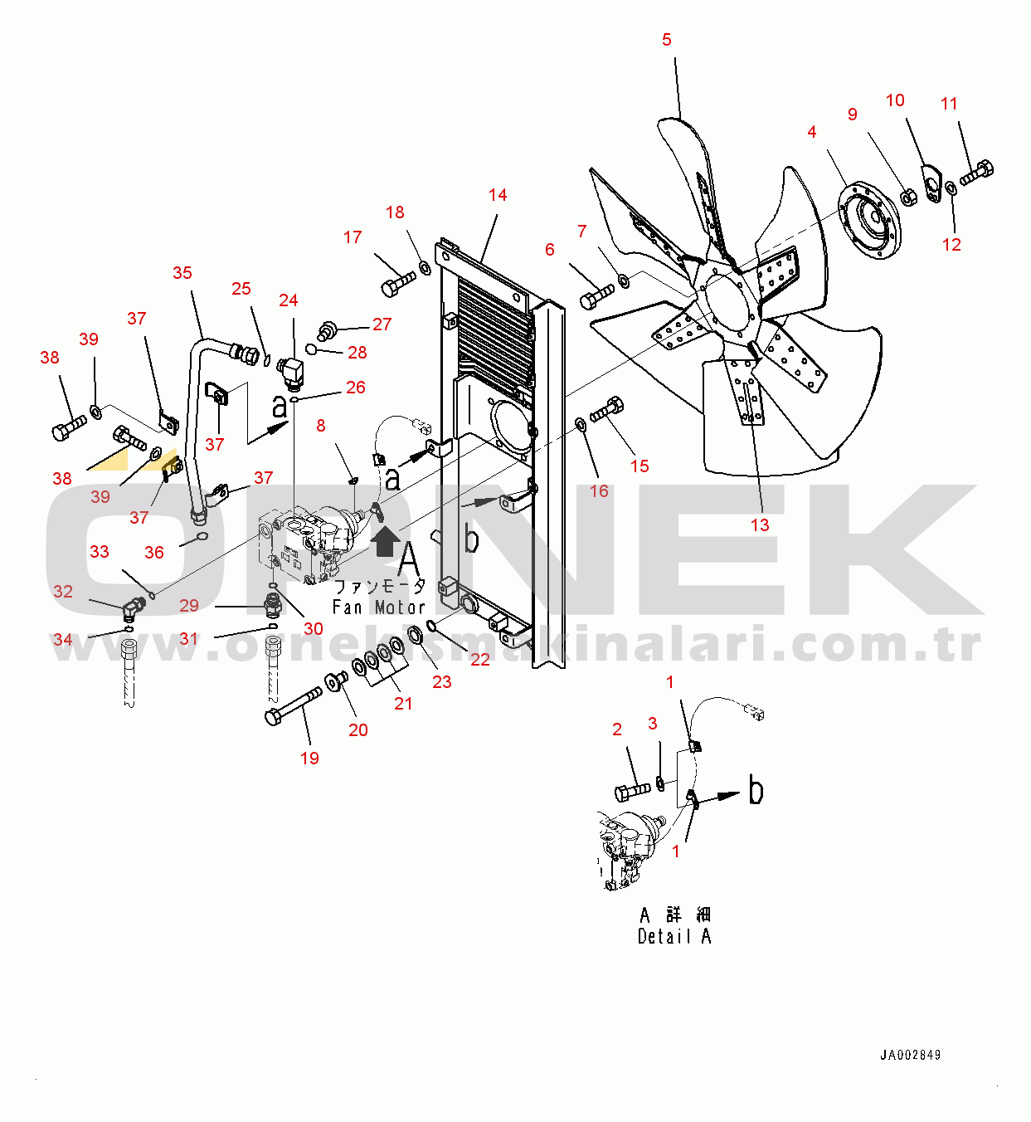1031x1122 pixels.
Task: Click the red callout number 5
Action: click(667, 40)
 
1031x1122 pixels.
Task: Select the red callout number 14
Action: click(498, 195)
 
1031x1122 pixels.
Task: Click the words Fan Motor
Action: click(378, 607)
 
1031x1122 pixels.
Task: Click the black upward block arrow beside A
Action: click(386, 541)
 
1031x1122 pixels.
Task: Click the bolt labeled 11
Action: click(977, 173)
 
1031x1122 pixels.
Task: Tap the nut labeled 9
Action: click(908, 198)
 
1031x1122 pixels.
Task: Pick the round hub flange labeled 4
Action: click(869, 219)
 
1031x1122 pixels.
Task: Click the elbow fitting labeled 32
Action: click(133, 610)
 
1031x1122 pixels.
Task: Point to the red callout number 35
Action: click(182, 272)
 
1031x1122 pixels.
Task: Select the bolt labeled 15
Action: click(606, 409)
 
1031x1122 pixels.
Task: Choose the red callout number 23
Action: click(442, 682)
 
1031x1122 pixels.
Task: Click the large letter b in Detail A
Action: click(756, 789)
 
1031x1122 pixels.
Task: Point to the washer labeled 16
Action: click(581, 425)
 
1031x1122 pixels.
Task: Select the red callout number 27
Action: click(382, 324)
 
